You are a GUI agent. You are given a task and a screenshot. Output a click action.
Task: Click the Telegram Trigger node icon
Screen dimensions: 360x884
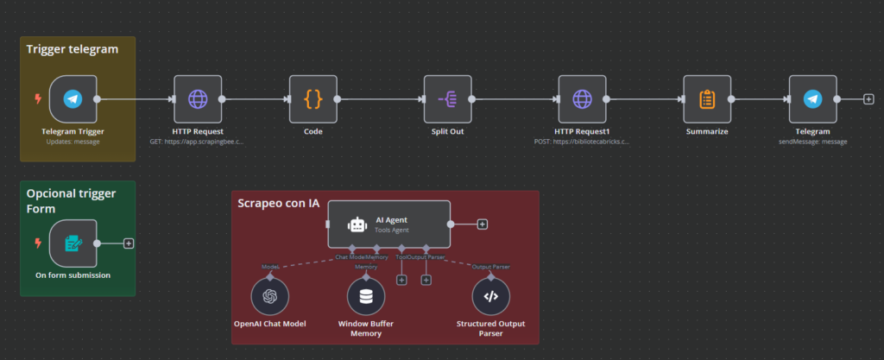point(73,99)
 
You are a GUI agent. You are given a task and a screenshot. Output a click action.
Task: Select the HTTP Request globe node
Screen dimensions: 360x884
point(198,99)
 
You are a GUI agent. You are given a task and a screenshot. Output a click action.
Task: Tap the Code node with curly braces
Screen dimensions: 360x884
point(313,99)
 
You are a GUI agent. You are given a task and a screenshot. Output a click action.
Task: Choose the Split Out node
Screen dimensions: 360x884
point(448,99)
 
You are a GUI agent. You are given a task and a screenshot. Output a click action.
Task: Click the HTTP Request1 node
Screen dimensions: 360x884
point(582,99)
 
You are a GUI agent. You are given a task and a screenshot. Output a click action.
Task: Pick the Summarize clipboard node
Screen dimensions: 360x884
point(706,99)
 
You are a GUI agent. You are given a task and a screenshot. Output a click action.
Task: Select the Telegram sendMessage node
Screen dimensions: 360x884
point(812,99)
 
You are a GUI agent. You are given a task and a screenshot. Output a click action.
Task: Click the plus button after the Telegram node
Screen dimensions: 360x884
point(868,99)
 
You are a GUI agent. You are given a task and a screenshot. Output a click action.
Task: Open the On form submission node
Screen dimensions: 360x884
point(73,243)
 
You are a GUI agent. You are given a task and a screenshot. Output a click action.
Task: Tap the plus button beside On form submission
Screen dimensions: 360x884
point(129,243)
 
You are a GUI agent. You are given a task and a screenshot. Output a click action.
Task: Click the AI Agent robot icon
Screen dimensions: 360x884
point(357,224)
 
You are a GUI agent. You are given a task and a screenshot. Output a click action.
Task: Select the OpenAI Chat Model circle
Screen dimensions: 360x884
point(269,297)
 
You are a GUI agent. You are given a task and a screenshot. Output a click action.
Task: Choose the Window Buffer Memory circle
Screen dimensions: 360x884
point(366,297)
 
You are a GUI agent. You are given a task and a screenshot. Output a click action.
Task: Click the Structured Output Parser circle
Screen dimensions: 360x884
point(490,297)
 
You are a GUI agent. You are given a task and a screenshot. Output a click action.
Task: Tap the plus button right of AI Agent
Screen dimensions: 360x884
point(482,224)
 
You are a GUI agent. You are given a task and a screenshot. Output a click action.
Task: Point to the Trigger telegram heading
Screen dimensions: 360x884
point(72,49)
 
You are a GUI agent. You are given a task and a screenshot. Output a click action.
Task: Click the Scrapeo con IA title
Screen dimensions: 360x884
point(278,203)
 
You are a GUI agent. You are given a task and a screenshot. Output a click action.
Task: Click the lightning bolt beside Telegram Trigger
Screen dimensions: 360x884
point(37,98)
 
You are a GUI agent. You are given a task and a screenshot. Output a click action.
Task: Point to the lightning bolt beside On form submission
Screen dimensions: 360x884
point(37,243)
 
